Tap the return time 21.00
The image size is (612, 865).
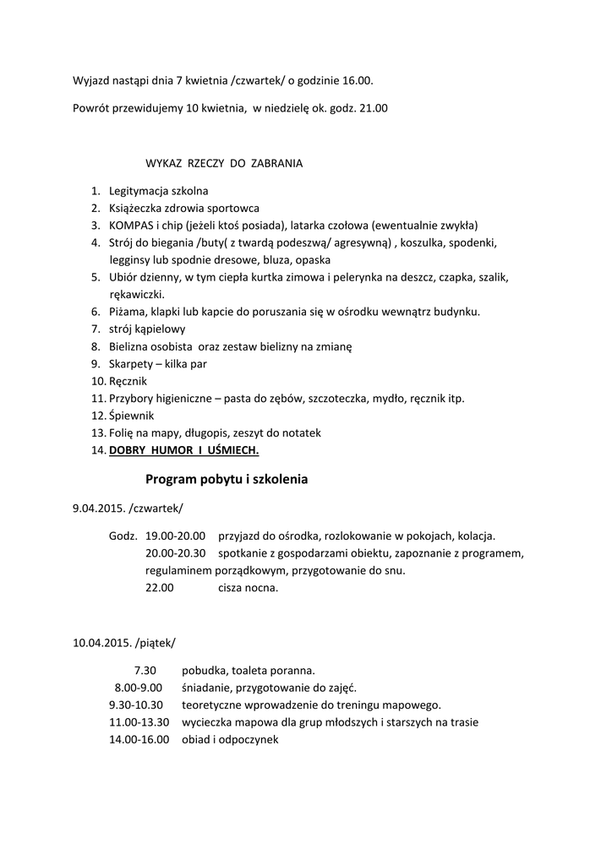click(372, 108)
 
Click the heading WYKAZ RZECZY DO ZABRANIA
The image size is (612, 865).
click(224, 163)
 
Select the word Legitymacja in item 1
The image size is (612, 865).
click(139, 191)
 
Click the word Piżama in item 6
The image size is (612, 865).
click(126, 312)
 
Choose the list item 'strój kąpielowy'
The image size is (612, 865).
click(147, 329)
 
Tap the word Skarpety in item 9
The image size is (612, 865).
click(130, 364)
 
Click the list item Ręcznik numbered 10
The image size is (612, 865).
click(128, 381)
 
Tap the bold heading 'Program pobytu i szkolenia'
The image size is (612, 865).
click(227, 480)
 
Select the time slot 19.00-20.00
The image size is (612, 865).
click(176, 536)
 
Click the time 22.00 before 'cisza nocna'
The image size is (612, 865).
click(160, 588)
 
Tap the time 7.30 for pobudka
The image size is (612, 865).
click(145, 670)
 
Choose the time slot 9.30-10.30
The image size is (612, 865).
click(139, 705)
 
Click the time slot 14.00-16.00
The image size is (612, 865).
click(139, 739)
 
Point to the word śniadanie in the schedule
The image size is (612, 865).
click(207, 688)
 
